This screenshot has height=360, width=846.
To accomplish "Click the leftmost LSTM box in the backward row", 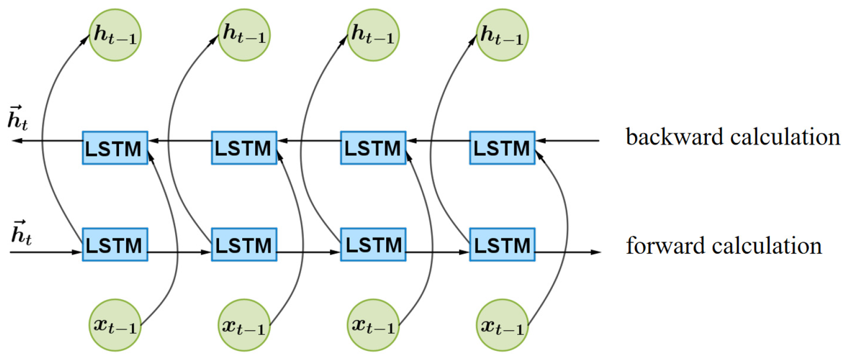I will pos(115,148).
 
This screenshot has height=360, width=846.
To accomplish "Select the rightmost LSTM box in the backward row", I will pos(502,148).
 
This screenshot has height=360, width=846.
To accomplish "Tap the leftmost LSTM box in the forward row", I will pos(115,244).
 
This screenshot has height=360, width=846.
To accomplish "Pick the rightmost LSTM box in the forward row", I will pos(502,244).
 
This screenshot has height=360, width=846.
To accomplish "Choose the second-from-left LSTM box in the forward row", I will pos(244,244).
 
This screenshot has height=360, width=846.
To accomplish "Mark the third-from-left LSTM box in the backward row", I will pos(373,148).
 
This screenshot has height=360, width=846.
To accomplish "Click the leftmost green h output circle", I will pos(115,35).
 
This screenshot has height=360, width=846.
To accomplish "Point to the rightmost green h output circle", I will pos(502,35).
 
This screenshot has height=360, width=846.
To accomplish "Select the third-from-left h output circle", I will pos(373,35).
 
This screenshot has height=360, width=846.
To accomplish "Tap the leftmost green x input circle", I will pos(115,325).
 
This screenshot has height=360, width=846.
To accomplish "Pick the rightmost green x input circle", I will pos(502,325).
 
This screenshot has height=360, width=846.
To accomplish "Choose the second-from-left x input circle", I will pos(244,325).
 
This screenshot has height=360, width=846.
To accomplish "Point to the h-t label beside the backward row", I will pos(18,118).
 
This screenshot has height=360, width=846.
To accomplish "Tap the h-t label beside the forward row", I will pos(22,233).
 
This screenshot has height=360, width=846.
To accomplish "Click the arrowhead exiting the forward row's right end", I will pos(597,252).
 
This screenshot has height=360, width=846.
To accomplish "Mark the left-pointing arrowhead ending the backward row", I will pos(16,141).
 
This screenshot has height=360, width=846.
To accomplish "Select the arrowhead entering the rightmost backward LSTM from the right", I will pos(541,141).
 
